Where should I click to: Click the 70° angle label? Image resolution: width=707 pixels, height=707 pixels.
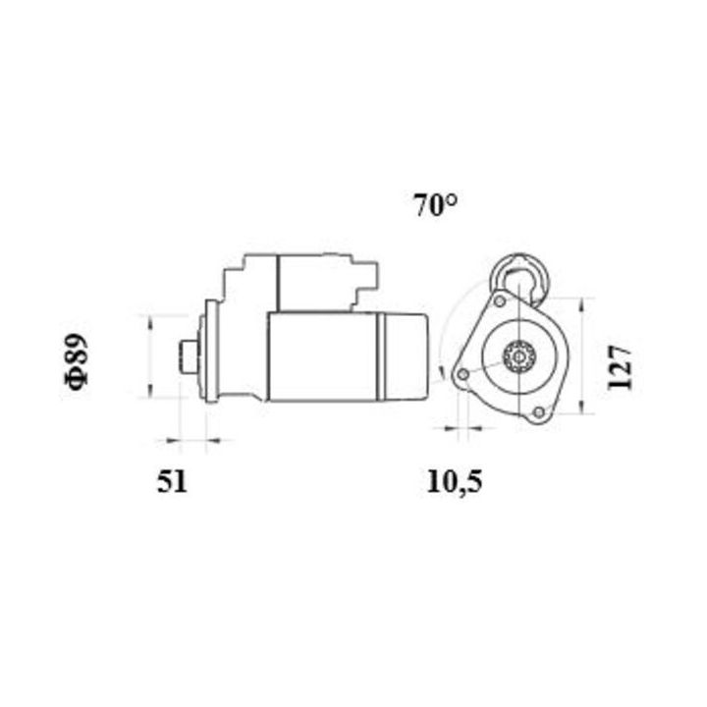click(x=436, y=206)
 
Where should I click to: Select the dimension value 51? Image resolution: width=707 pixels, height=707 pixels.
click(x=171, y=481)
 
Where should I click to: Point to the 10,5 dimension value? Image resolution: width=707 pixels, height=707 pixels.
click(x=456, y=481)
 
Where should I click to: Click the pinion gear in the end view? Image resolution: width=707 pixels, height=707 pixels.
click(x=517, y=357)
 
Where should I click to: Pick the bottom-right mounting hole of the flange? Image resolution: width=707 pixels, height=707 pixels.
click(x=536, y=413)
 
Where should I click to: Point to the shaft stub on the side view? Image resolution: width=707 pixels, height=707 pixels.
click(x=189, y=356)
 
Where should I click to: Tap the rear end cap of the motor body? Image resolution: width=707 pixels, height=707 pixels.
click(x=409, y=356)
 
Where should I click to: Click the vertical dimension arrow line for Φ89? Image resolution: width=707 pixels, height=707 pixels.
click(x=148, y=356)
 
